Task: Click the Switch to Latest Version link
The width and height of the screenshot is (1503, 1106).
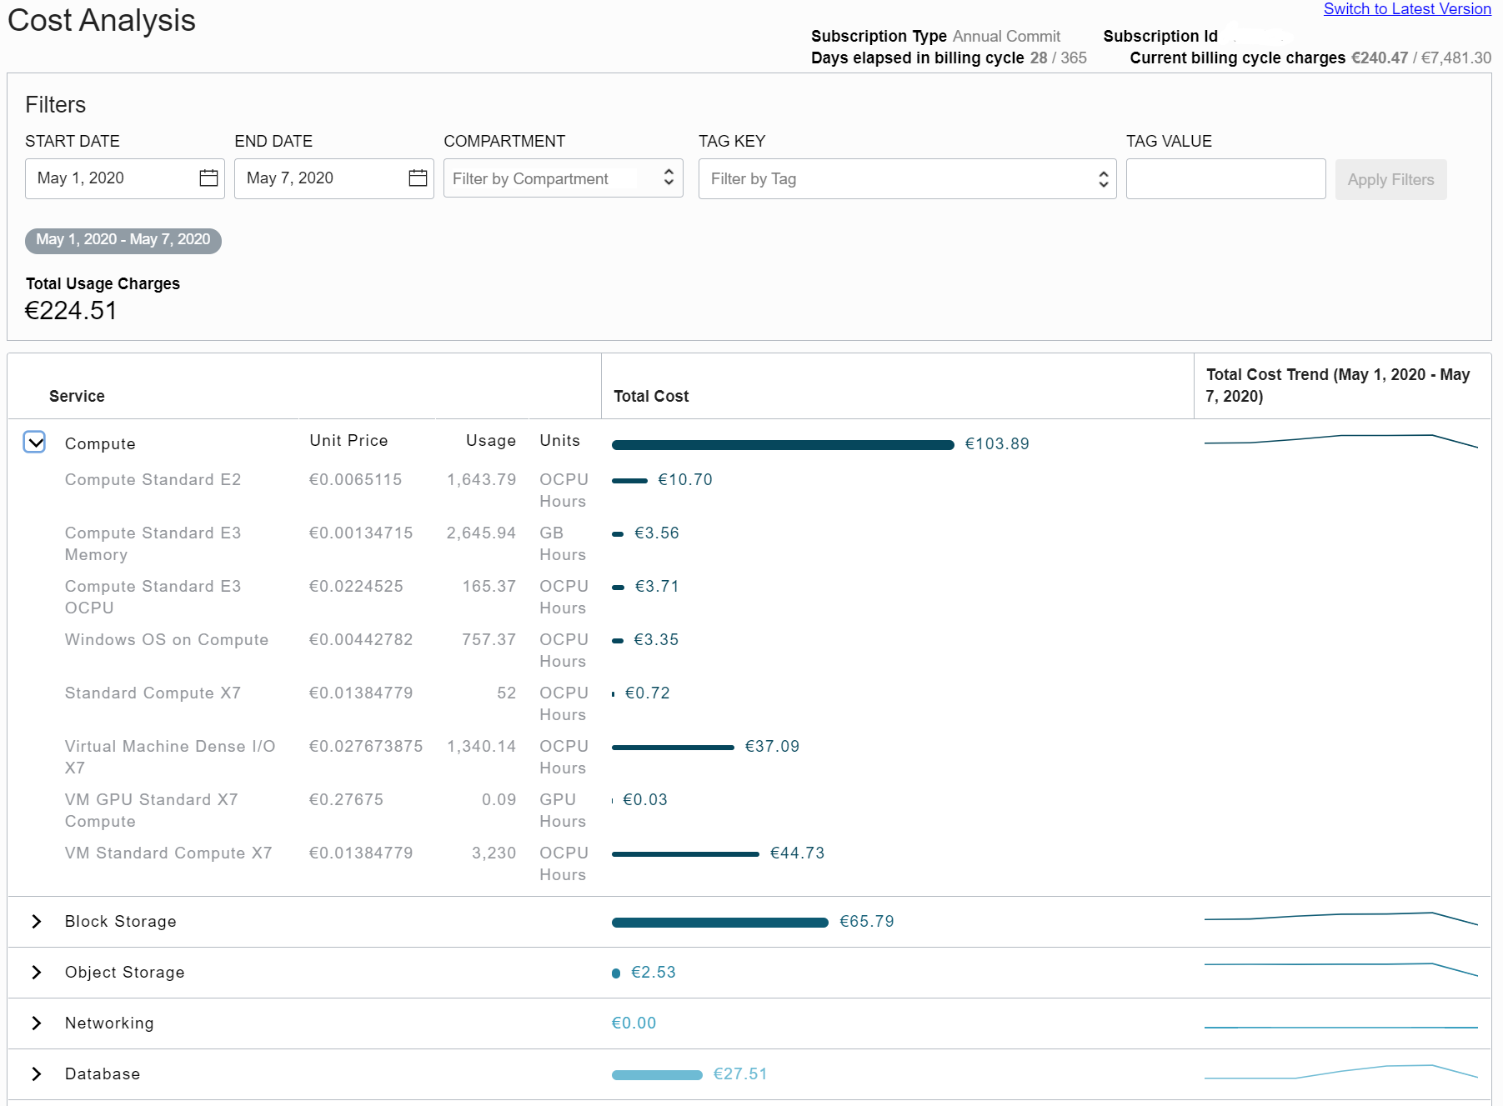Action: [1406, 9]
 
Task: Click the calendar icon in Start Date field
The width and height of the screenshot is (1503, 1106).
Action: [208, 178]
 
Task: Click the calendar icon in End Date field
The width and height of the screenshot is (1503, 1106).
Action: [418, 178]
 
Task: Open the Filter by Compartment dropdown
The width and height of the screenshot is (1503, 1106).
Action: [563, 178]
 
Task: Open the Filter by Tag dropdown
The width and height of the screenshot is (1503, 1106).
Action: [907, 178]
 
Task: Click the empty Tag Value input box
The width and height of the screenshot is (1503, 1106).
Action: [1225, 178]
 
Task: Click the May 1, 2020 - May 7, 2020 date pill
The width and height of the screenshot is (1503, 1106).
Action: [123, 240]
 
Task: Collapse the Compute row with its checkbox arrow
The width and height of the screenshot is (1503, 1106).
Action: [35, 443]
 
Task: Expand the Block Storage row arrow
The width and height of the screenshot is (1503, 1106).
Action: [37, 921]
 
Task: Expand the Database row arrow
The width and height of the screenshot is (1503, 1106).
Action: [37, 1073]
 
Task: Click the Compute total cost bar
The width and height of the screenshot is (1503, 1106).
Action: [782, 445]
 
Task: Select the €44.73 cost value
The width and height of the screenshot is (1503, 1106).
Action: [797, 853]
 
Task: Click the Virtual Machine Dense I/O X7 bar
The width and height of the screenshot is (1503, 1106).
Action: [673, 748]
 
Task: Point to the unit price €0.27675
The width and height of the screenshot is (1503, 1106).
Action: [346, 799]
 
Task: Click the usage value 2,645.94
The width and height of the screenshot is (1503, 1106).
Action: [481, 533]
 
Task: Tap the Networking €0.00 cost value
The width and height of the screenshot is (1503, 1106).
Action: [634, 1023]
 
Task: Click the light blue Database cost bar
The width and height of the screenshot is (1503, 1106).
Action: [657, 1075]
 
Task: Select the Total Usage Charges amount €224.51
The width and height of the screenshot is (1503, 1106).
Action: [71, 311]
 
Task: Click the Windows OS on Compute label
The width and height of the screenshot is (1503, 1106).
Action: [167, 639]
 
